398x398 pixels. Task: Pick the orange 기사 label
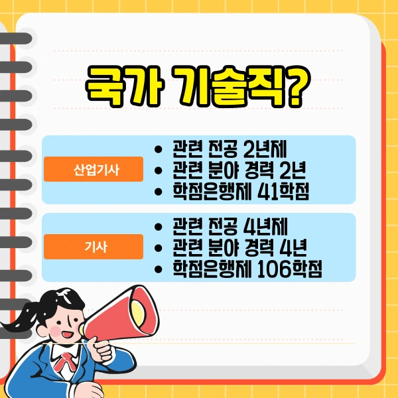93,247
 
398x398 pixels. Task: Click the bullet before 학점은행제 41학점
157,193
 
